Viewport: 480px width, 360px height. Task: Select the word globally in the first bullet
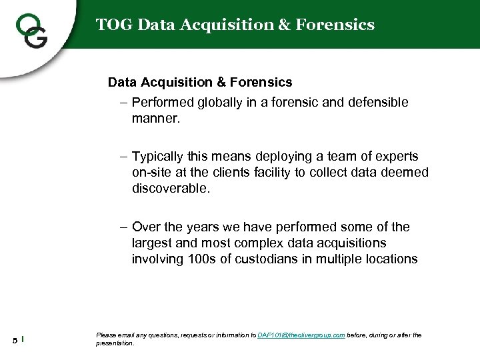tap(217, 103)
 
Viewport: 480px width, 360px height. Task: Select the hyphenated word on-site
tap(153, 173)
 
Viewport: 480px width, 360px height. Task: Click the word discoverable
tap(170, 189)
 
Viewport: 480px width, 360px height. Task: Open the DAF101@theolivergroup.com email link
tap(301, 335)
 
